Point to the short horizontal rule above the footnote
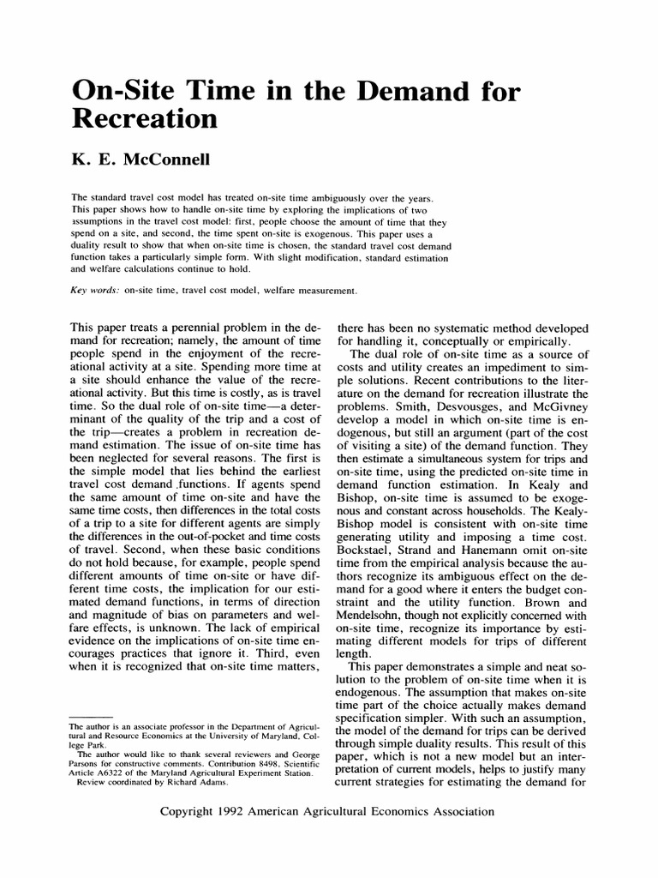click(90, 715)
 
